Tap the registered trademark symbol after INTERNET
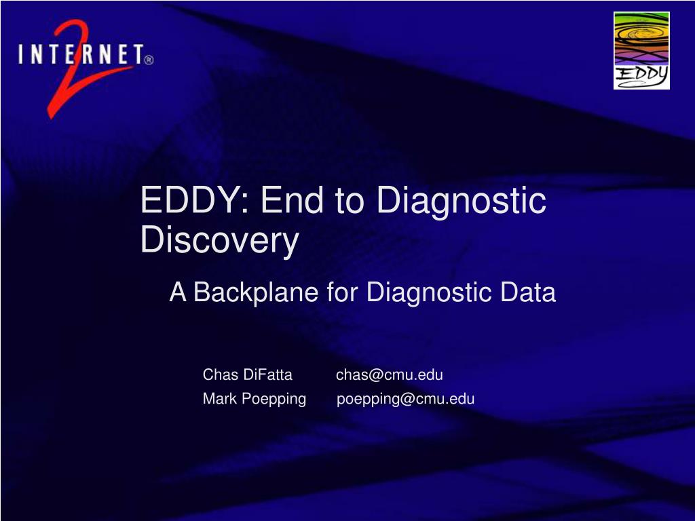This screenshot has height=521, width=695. pyautogui.click(x=149, y=60)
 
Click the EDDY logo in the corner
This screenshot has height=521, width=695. pyautogui.click(x=641, y=50)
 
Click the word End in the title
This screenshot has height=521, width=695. pyautogui.click(x=293, y=200)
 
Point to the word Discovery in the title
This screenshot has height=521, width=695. pyautogui.click(x=220, y=241)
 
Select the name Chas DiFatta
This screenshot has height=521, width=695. pyautogui.click(x=247, y=374)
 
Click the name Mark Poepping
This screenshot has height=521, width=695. pyautogui.click(x=255, y=399)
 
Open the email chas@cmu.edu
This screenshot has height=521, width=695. pyautogui.click(x=390, y=374)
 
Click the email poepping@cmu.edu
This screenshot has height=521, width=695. pyautogui.click(x=406, y=399)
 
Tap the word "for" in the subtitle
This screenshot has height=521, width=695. pyautogui.click(x=342, y=292)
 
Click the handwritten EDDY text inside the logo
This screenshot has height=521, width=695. pyautogui.click(x=641, y=76)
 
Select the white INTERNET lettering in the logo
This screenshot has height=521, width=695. pyautogui.click(x=81, y=55)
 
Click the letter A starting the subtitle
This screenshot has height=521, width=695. pyautogui.click(x=178, y=292)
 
